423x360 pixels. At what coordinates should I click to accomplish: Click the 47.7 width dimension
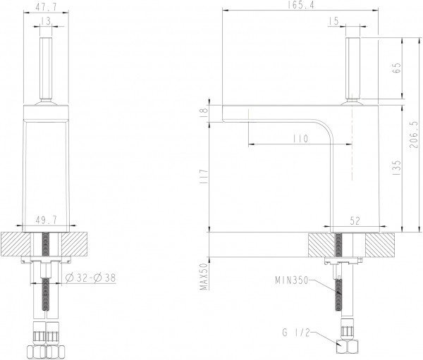[x=46, y=7]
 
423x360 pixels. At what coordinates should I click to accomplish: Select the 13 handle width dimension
[x=46, y=21]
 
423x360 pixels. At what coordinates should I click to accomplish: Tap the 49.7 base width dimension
[x=46, y=221]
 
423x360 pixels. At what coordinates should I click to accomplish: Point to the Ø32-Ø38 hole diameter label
[x=91, y=278]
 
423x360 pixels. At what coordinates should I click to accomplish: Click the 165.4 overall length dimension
[x=301, y=5]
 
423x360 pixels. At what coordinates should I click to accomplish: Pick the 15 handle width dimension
[x=333, y=21]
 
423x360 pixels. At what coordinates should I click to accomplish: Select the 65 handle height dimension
[x=396, y=68]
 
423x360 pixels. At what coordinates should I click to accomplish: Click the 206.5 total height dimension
[x=413, y=134]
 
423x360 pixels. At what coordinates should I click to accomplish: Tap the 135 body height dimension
[x=396, y=168]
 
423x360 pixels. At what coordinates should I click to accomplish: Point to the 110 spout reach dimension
[x=300, y=139]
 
